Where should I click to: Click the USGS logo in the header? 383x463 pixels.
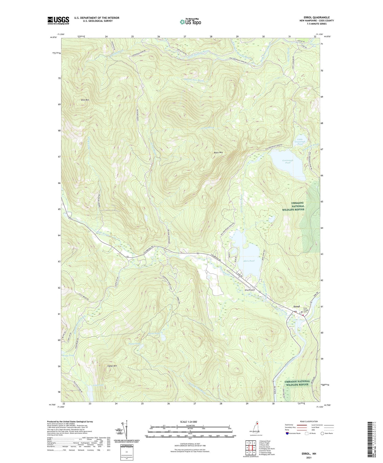click(58, 20)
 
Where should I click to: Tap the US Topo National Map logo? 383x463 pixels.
click(190, 21)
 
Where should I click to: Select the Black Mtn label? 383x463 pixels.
click(218, 152)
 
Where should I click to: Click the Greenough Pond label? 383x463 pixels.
click(288, 161)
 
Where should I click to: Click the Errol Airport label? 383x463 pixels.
click(250, 290)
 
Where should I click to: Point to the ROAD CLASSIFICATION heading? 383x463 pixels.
click(309, 421)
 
